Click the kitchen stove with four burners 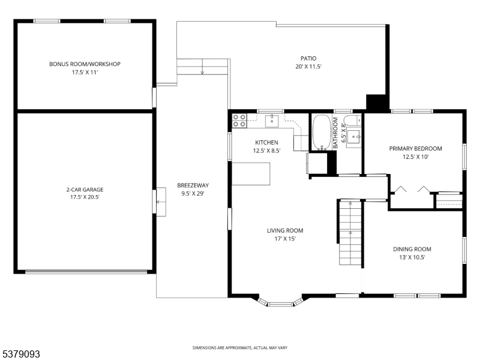[x=239, y=121]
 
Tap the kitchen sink [x=272, y=121]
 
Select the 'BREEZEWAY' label [x=193, y=185]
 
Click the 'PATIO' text [x=308, y=59]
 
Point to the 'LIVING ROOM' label [x=285, y=230]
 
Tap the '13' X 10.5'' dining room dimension [x=412, y=257]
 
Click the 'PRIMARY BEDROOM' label [x=415, y=149]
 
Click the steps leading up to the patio [x=203, y=65]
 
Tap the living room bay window [x=282, y=302]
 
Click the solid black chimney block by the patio [x=377, y=103]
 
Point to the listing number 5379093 [x=21, y=355]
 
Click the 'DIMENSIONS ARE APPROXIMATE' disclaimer [x=239, y=348]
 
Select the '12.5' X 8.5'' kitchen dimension [x=266, y=151]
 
